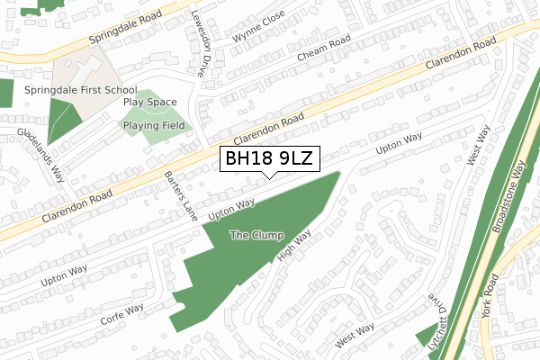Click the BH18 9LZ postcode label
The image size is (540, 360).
(x=270, y=159)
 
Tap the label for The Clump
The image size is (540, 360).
(x=256, y=236)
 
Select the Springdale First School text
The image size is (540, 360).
(x=81, y=90)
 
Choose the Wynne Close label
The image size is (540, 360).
(x=258, y=28)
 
